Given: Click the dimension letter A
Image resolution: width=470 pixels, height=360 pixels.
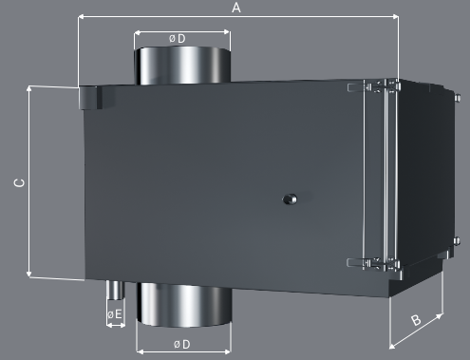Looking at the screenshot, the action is click(236, 8).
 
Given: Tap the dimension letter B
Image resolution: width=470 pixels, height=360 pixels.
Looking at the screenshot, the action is click(416, 320).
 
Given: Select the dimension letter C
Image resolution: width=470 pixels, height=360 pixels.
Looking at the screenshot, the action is click(20, 183).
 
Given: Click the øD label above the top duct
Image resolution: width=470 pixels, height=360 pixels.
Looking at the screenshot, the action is click(178, 39).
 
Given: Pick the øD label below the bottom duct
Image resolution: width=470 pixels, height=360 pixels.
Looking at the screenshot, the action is click(182, 344).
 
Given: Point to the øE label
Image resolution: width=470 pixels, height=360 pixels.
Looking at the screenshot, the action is click(115, 314).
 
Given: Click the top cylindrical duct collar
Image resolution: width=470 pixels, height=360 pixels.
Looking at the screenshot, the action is click(182, 66).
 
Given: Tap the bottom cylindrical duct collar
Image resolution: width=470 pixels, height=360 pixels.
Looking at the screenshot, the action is click(184, 305).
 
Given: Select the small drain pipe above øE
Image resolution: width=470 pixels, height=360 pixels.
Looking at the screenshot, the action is click(115, 290).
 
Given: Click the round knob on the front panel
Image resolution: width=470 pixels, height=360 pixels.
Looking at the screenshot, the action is click(290, 199).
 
